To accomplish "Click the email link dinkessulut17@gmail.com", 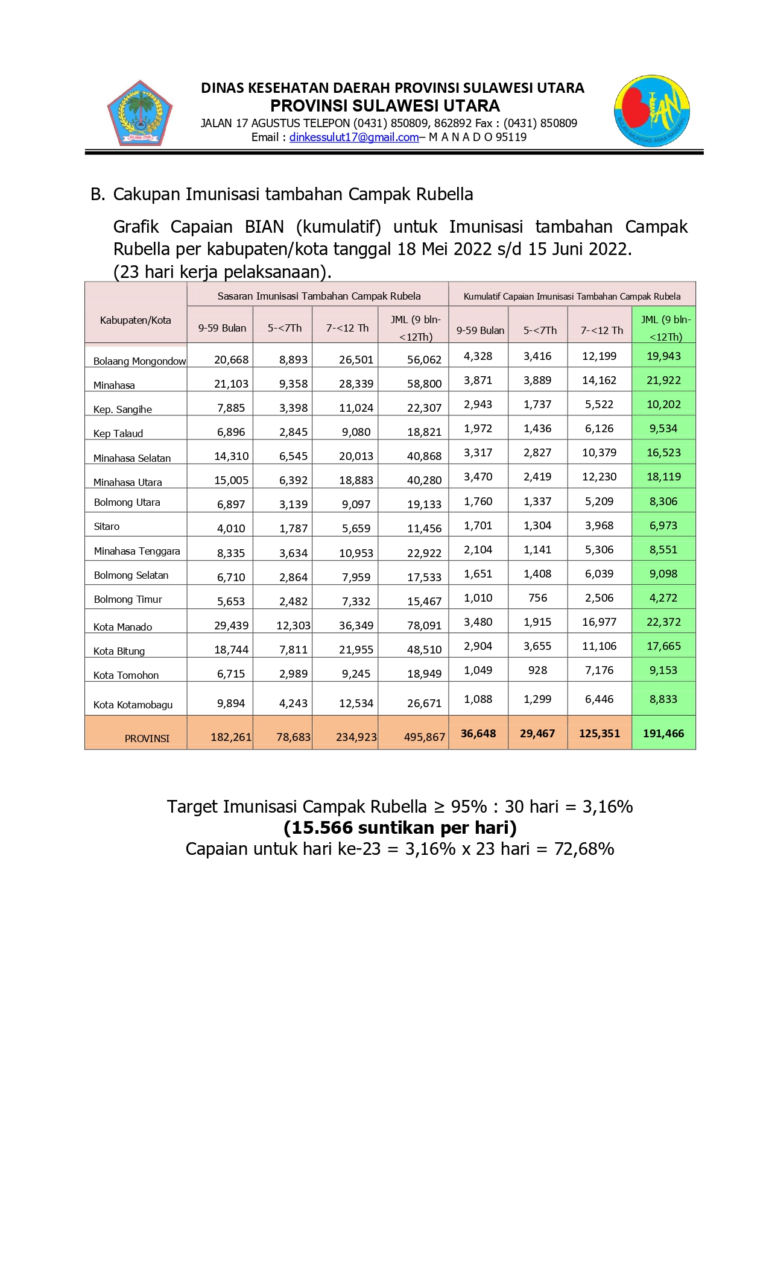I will tap(354, 137).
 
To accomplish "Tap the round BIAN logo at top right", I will tap(651, 111).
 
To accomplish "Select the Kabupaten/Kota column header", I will tap(136, 320).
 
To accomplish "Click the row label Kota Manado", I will tap(122, 627).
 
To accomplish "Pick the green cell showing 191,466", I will tap(663, 734).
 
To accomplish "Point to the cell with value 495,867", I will tap(425, 737).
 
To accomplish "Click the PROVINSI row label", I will tap(147, 738).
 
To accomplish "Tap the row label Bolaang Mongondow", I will tap(139, 361).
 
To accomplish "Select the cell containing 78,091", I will tap(425, 626).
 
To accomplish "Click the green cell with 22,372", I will tap(663, 622).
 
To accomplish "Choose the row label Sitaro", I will tap(107, 526).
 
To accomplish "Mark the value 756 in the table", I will tap(537, 598).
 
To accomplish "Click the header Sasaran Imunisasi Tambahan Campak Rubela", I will tap(319, 296).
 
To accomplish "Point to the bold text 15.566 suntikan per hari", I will tap(400, 828).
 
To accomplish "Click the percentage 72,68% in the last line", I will tap(584, 849).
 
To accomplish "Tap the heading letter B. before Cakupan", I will tap(98, 194).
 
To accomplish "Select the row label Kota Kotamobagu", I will tap(133, 705).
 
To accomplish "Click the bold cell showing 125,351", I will tap(600, 734).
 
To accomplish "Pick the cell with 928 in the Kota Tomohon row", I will tap(537, 670).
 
